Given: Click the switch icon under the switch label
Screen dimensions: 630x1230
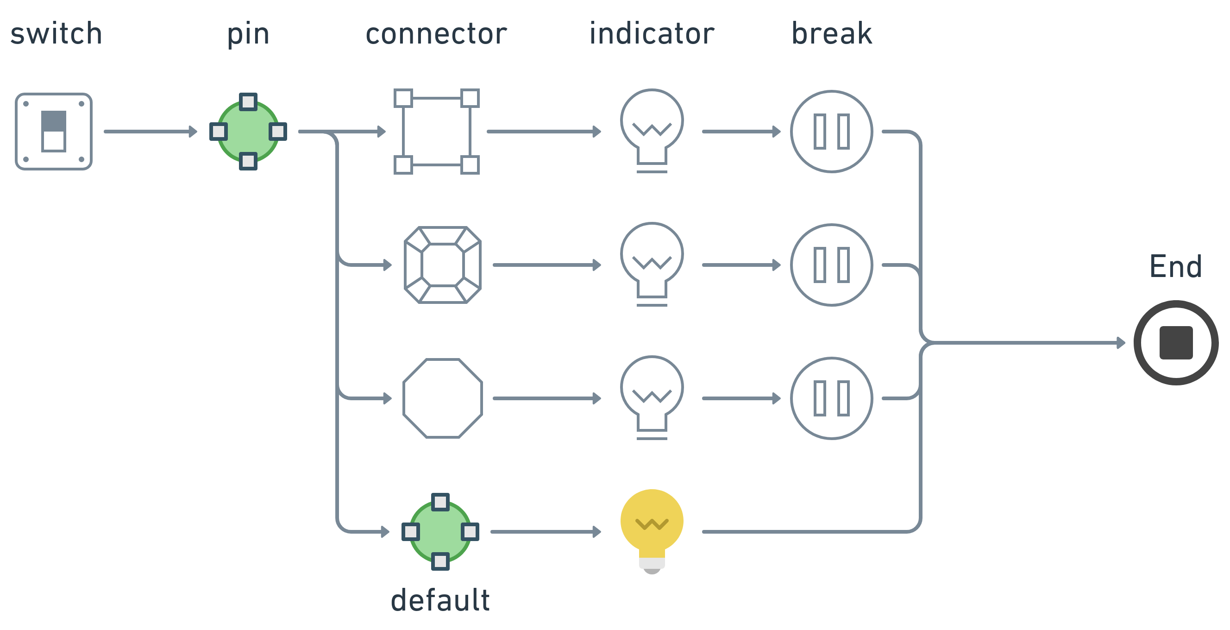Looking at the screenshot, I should (53, 132).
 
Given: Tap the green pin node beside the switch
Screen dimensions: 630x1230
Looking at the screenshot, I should (248, 132).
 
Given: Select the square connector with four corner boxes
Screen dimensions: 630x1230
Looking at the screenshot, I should (436, 132).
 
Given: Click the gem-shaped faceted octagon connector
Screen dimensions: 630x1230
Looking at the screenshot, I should (443, 265).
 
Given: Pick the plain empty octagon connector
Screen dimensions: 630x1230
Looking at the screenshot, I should (443, 398).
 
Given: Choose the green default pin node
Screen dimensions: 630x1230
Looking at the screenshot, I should (440, 532).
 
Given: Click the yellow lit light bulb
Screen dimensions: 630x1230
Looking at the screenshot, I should (652, 528).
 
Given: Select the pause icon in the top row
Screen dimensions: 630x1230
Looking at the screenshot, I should (831, 132).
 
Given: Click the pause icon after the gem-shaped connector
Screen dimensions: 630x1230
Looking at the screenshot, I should (831, 265).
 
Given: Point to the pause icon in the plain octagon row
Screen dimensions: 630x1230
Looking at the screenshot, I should (831, 398).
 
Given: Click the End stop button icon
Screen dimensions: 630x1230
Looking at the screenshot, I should (1175, 342).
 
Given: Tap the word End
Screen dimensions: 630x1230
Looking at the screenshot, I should (1175, 266).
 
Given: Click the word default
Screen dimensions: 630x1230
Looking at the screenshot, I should (440, 600).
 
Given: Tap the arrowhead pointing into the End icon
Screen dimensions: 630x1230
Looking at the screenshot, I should (1121, 342).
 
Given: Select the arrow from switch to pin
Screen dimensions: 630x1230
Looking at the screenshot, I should (151, 132).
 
